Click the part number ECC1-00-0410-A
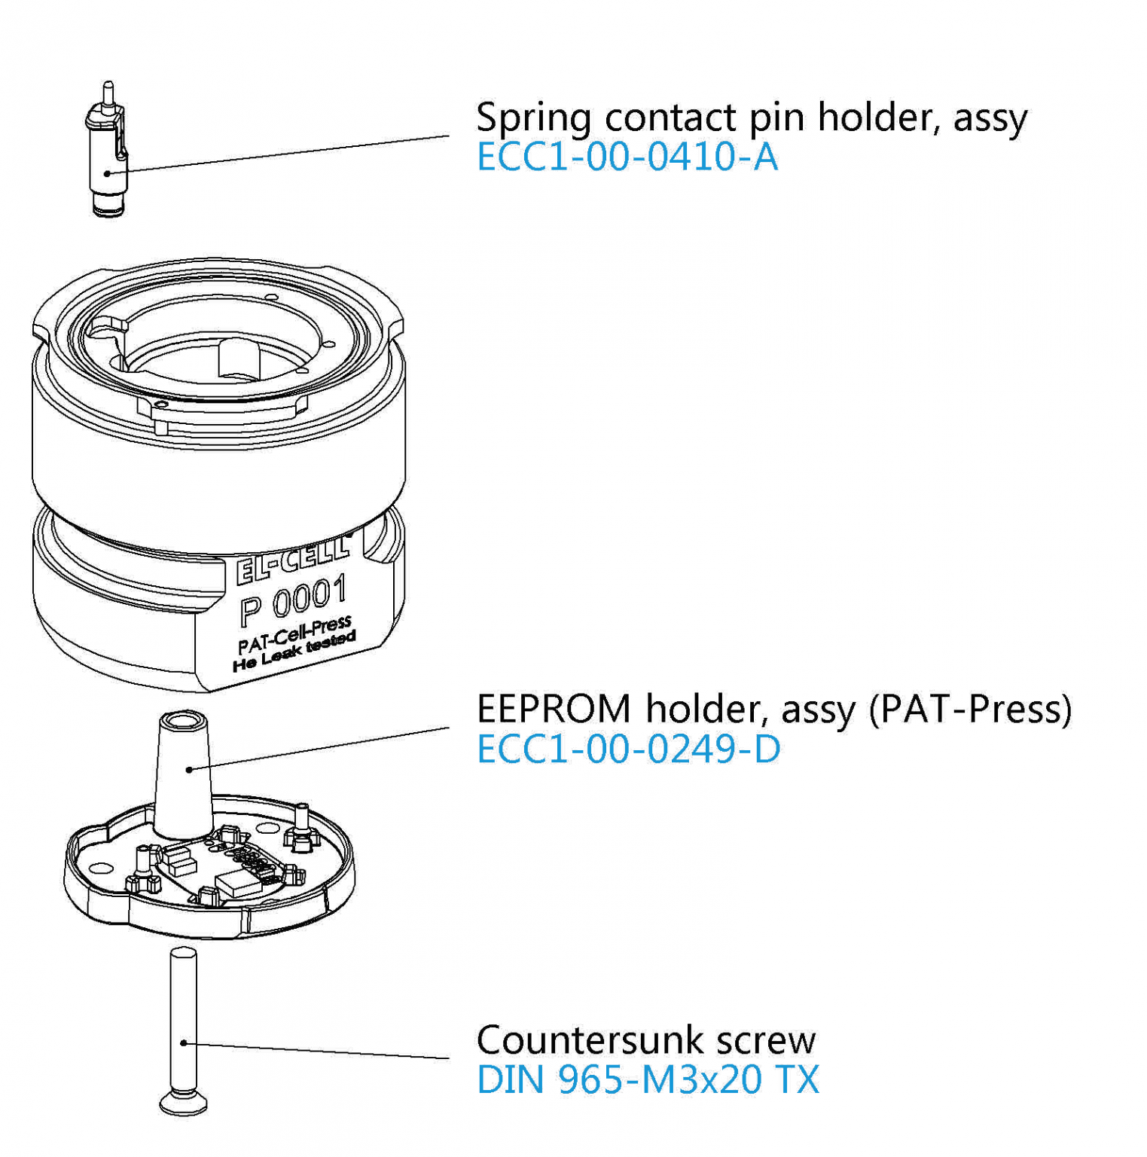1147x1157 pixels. pyautogui.click(x=627, y=157)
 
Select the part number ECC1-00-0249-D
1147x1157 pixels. pyautogui.click(x=628, y=749)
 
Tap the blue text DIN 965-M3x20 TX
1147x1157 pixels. pyautogui.click(x=647, y=1079)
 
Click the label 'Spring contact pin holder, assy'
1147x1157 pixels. pyautogui.click(x=751, y=118)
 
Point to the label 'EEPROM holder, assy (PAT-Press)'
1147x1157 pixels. pyautogui.click(x=773, y=709)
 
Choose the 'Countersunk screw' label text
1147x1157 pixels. pyautogui.click(x=645, y=1040)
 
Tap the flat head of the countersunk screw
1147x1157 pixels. pyautogui.click(x=183, y=1104)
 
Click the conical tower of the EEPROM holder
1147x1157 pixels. pyautogui.click(x=182, y=776)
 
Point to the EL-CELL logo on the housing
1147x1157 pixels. pyautogui.click(x=292, y=560)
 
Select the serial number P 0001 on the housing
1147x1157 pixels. pyautogui.click(x=294, y=600)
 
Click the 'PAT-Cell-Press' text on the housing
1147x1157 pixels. pyautogui.click(x=294, y=635)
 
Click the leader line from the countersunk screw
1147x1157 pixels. pyautogui.click(x=316, y=1051)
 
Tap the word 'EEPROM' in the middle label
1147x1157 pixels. pyautogui.click(x=554, y=709)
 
